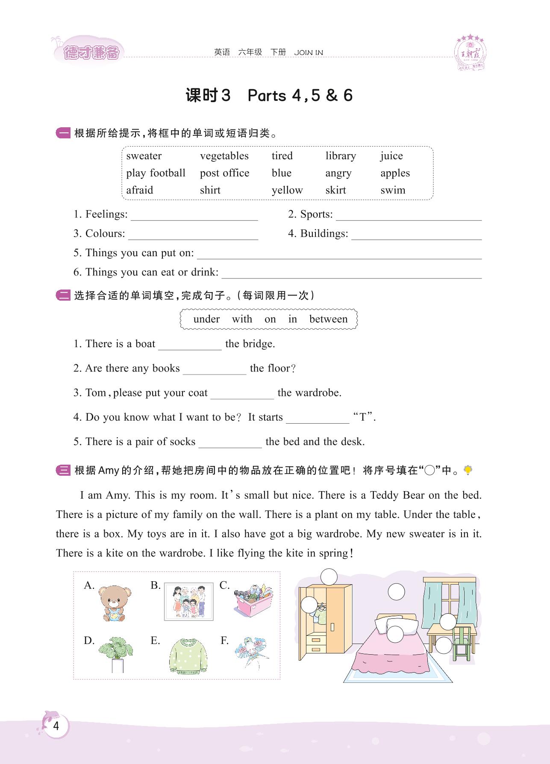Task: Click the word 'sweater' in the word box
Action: click(x=144, y=156)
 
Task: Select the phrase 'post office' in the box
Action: click(x=224, y=173)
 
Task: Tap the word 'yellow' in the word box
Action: click(x=287, y=190)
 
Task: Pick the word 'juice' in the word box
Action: click(x=391, y=156)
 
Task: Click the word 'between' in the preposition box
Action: click(x=328, y=319)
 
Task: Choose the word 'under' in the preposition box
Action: click(x=206, y=319)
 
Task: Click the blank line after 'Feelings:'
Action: click(x=194, y=217)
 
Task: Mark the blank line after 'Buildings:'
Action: click(x=416, y=236)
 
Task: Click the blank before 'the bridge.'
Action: click(x=190, y=346)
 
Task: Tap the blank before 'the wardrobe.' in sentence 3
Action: click(x=242, y=395)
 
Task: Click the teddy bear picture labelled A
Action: click(x=114, y=603)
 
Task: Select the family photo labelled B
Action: click(x=188, y=601)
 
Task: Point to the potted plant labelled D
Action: click(x=115, y=654)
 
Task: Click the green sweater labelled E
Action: click(x=188, y=656)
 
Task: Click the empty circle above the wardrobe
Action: click(x=329, y=577)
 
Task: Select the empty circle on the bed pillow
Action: click(x=395, y=634)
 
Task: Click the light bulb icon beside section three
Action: click(x=468, y=470)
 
